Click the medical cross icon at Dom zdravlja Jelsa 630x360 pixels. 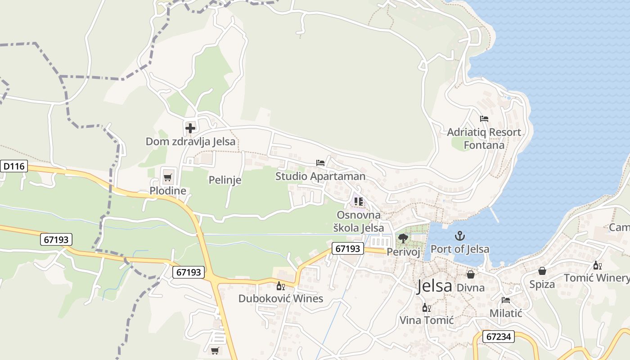tap(190, 128)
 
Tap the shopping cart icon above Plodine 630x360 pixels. tap(167, 177)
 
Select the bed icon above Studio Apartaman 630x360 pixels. tap(320, 162)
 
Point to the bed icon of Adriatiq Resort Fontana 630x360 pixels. tap(484, 119)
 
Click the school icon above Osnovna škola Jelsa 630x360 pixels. tap(359, 201)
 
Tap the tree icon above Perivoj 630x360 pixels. tap(403, 238)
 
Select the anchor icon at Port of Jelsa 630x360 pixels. tap(460, 235)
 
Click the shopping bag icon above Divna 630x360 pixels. tap(471, 274)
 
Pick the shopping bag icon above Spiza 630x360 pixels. tap(542, 271)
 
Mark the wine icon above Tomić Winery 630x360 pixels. tap(597, 265)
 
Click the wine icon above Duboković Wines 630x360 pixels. tap(280, 286)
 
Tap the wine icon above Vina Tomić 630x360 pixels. tap(426, 308)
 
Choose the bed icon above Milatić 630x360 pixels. tap(506, 300)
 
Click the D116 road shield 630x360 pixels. tap(14, 166)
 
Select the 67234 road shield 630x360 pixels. tap(499, 336)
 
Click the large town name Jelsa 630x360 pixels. tap(434, 286)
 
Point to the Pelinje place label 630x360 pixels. tap(225, 180)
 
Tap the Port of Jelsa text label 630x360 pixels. tap(460, 249)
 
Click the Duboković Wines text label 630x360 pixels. tap(281, 298)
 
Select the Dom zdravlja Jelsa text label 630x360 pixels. tap(190, 141)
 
